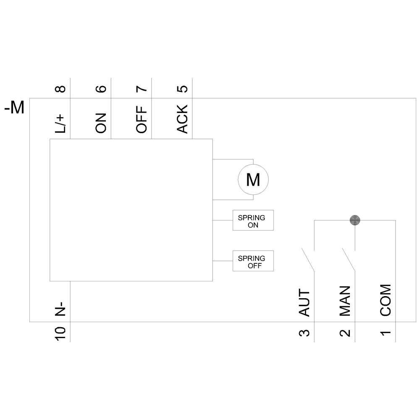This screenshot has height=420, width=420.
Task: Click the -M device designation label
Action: [14, 108]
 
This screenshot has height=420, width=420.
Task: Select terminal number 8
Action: [60, 89]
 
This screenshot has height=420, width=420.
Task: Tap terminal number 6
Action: [101, 89]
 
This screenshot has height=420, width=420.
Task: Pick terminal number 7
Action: [142, 89]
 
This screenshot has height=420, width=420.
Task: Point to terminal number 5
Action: [183, 89]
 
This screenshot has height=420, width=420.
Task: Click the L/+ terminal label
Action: [60, 123]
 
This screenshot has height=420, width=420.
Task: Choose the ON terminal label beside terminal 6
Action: [101, 123]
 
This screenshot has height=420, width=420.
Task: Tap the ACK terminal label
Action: [183, 119]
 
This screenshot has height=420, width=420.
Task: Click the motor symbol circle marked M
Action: [253, 180]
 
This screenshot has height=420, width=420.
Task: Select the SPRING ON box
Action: [253, 220]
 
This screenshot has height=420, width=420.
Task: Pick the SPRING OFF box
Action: [253, 261]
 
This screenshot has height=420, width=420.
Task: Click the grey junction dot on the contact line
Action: [355, 219]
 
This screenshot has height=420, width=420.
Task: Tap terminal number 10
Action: [60, 333]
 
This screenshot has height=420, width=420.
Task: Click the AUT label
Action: [304, 303]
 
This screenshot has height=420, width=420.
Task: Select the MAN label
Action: [345, 301]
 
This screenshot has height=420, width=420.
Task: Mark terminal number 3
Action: [304, 333]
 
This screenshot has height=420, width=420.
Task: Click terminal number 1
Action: [386, 333]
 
